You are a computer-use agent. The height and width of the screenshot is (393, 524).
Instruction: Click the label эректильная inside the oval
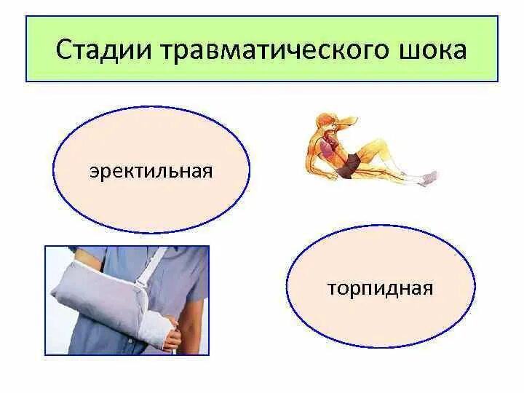[151, 172]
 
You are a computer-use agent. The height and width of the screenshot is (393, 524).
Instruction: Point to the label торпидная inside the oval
[380, 289]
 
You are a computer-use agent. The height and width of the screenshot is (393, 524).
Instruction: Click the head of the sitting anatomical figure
[326, 123]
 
